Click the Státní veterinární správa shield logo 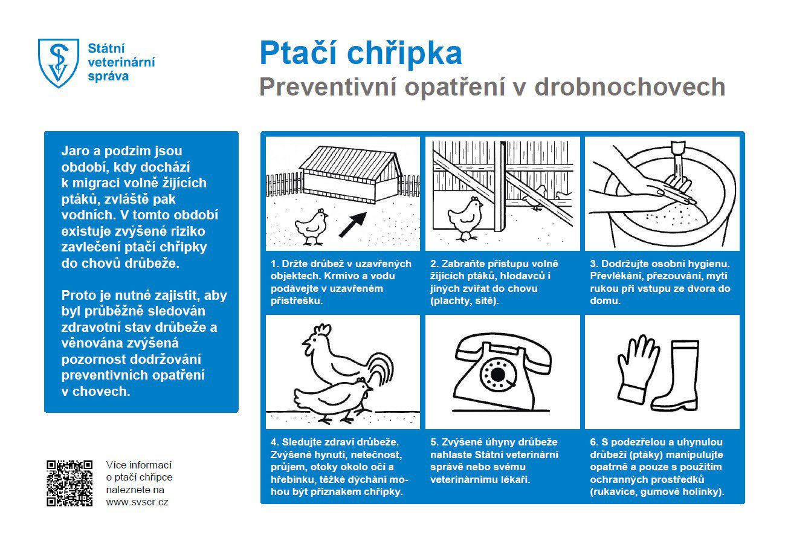(58, 62)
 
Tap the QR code (69, 482)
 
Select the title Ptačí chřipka (360, 53)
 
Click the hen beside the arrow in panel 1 (311, 227)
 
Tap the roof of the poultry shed (349, 161)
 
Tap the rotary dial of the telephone (497, 375)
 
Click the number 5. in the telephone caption (434, 442)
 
